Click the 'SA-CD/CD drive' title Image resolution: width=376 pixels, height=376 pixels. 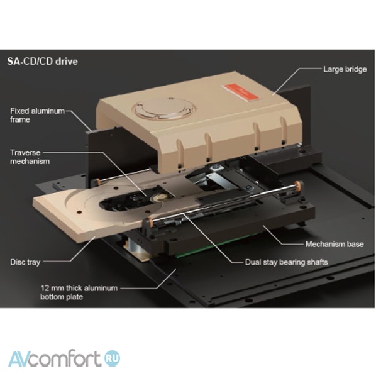[x=43, y=62]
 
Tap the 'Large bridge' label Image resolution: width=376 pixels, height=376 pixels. [x=345, y=69]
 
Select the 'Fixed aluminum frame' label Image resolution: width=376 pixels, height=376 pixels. [x=37, y=115]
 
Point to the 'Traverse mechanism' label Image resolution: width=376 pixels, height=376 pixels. [x=30, y=157]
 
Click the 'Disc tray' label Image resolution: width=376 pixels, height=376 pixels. [x=25, y=262]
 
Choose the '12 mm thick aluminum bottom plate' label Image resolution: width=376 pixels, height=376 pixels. [x=79, y=292]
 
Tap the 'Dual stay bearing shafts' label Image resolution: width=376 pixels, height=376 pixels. [x=286, y=262]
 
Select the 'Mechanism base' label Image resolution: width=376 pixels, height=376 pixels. [x=335, y=244]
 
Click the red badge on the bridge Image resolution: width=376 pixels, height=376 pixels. [x=240, y=92]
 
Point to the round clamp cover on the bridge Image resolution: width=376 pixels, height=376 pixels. [x=164, y=109]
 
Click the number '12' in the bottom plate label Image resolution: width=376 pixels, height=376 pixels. [x=45, y=288]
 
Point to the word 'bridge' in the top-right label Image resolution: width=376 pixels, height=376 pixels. [x=356, y=69]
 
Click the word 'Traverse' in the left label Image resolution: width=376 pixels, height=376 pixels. [x=25, y=153]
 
